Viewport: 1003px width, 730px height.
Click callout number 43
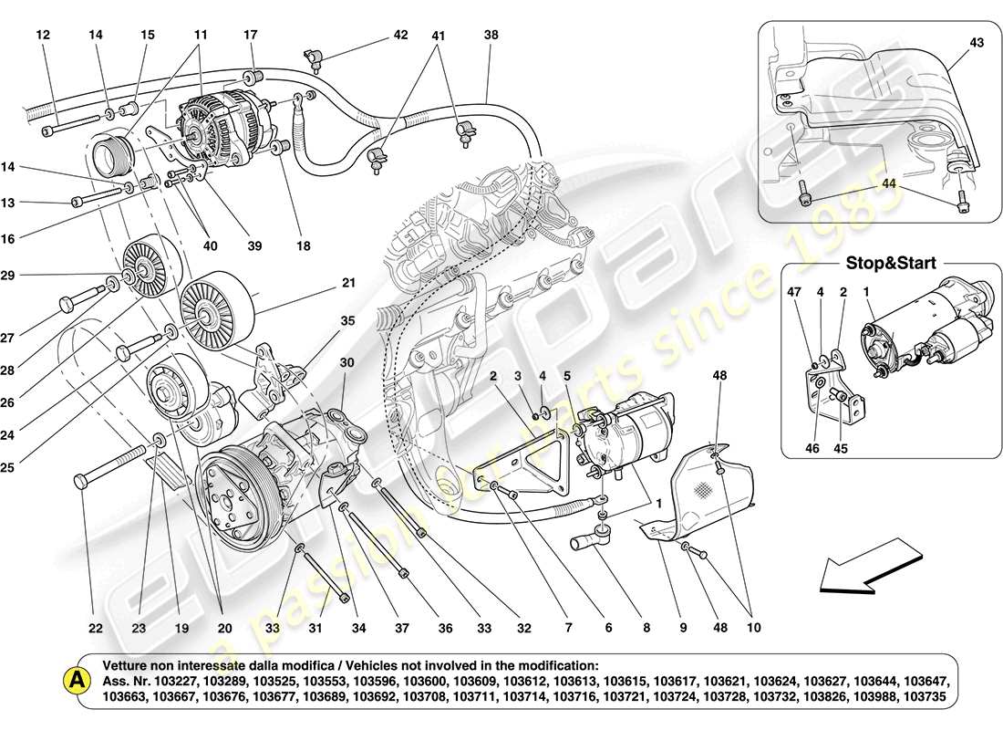click(x=951, y=43)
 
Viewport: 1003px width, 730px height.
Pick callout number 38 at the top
click(x=491, y=36)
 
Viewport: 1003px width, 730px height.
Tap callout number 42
click(x=401, y=36)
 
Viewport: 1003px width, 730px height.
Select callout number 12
click(x=43, y=36)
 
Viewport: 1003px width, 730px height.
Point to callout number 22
click(x=96, y=628)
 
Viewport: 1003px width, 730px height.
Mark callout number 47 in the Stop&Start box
click(x=793, y=293)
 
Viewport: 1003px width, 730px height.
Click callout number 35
click(x=347, y=320)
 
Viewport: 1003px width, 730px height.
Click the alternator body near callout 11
click(x=219, y=132)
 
